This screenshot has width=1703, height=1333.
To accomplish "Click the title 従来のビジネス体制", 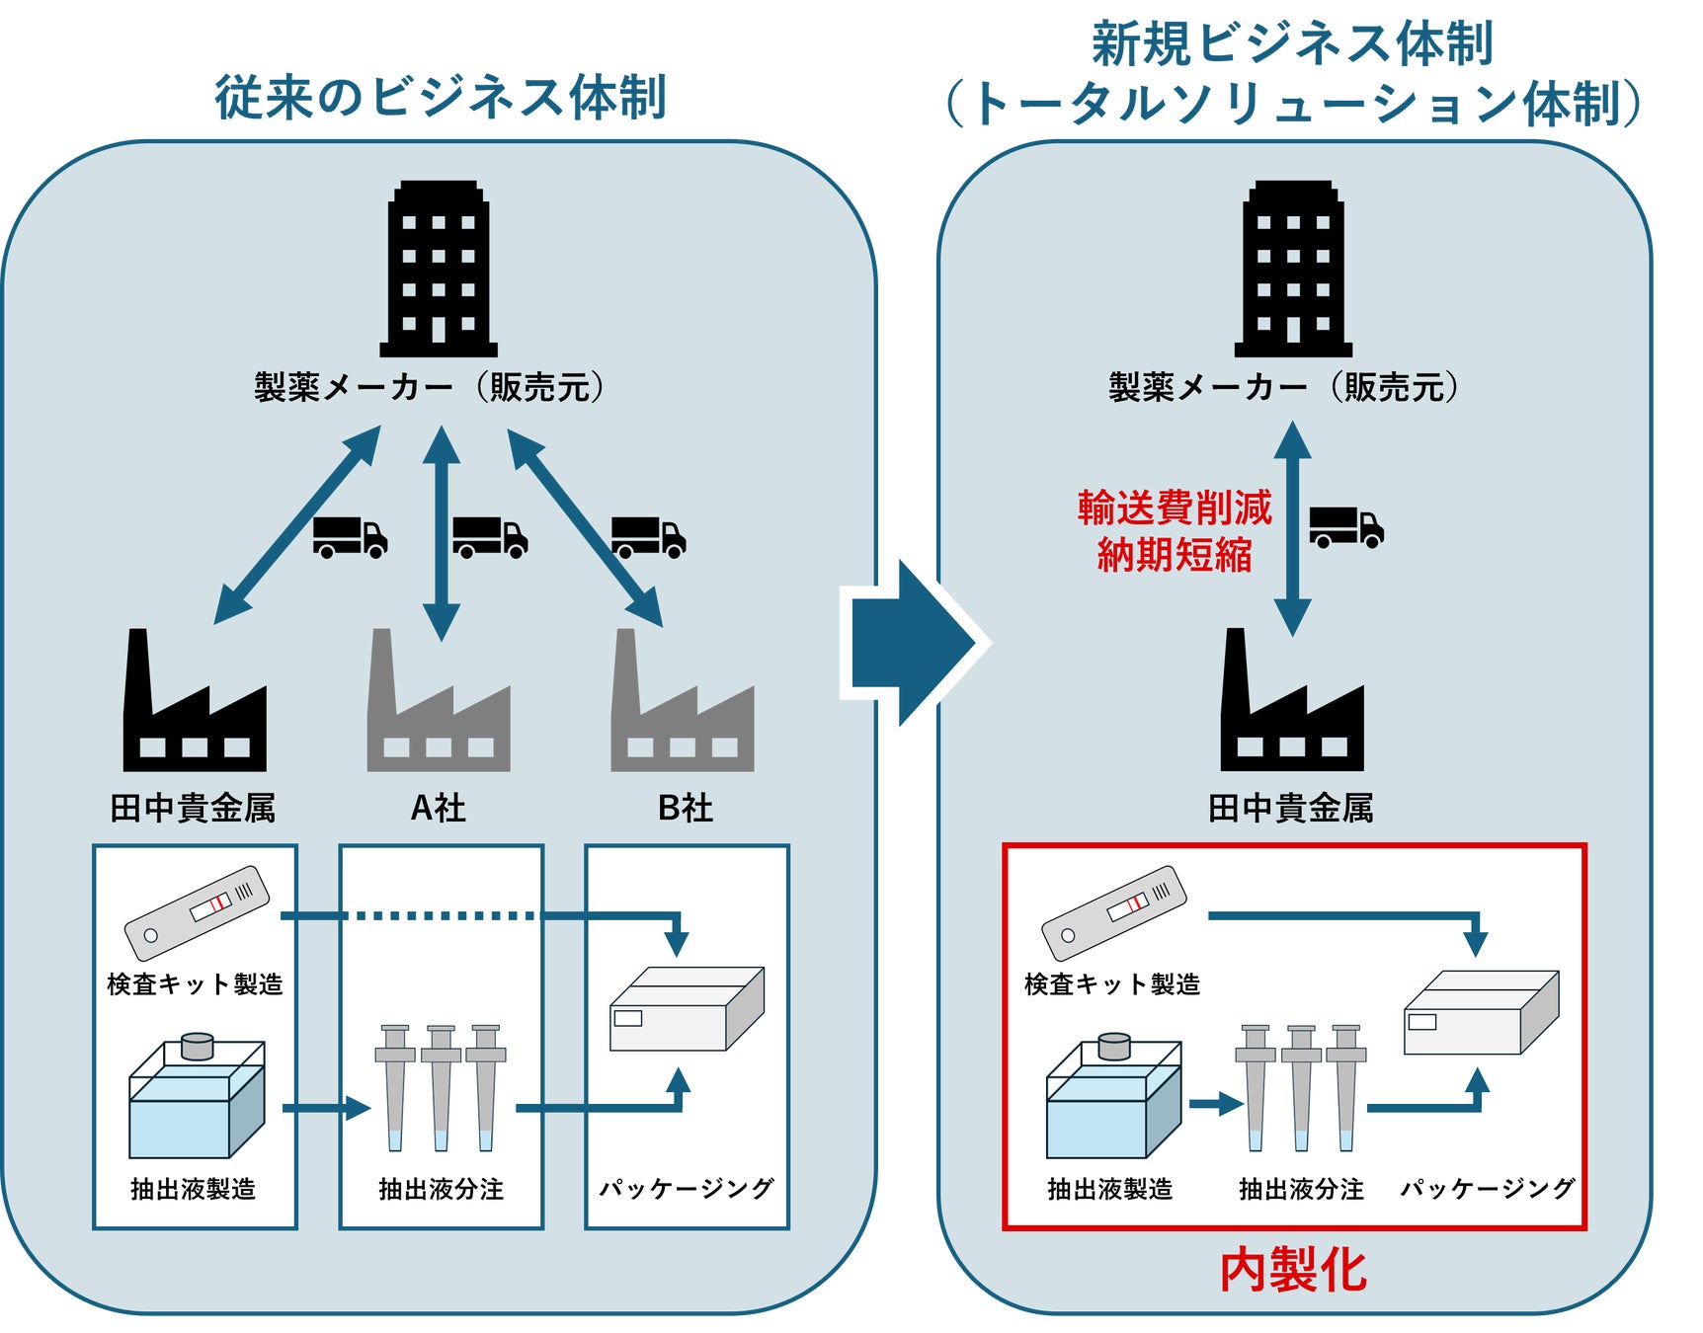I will point(441,98).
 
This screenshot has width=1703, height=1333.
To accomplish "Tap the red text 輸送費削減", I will point(1175,508).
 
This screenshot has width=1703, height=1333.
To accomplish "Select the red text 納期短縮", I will point(1175,555).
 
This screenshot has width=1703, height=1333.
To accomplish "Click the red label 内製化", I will point(1293,1271).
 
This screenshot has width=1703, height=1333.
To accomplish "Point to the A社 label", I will point(438,809).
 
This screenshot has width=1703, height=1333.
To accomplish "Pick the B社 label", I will point(685,809).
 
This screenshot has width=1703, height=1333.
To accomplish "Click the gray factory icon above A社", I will point(438,706).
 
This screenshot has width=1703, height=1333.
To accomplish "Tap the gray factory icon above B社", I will point(682,706).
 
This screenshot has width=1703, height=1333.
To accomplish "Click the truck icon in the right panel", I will point(1345,526).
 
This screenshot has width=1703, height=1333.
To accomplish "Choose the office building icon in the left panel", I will point(439,269).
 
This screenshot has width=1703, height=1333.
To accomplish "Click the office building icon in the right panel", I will point(1293,269).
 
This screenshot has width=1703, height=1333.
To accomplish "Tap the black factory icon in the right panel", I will point(1292,706).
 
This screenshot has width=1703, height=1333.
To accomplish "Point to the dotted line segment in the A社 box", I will point(442,916).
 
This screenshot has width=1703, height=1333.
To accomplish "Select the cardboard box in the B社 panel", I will point(687,1009).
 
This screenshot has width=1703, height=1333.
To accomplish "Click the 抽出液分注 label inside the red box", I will point(1301,1189).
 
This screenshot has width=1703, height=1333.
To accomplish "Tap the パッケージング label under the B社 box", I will point(687,1189).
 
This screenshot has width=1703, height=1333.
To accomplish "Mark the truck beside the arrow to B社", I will point(648,537).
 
